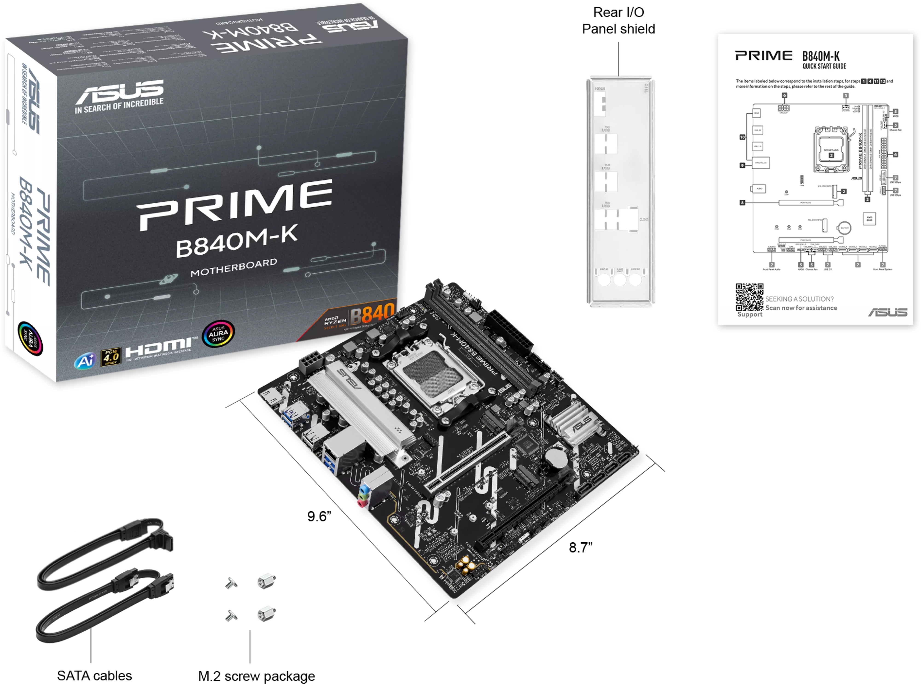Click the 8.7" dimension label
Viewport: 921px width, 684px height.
(580, 547)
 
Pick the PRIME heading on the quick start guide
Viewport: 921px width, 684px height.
(764, 56)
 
